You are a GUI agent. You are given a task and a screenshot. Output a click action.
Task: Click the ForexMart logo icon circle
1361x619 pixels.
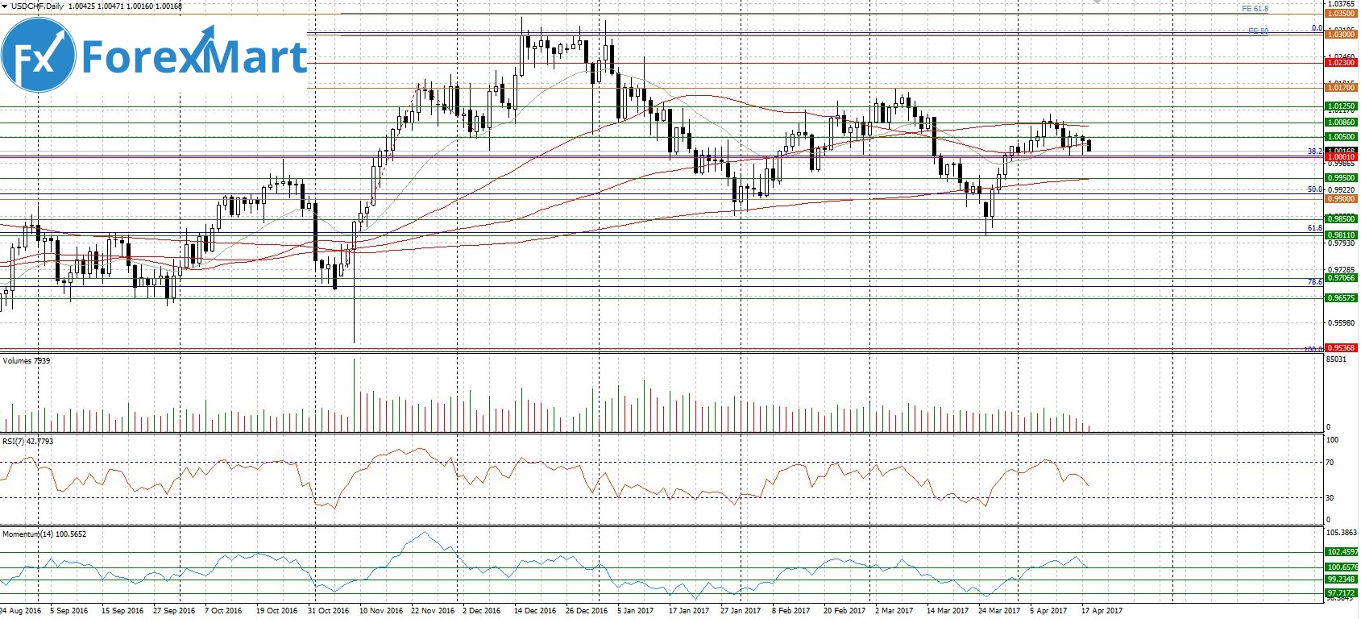(39, 56)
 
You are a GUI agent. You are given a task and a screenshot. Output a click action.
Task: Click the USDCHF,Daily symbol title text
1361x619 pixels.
(32, 6)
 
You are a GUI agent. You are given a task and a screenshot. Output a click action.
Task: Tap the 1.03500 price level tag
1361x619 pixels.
(1341, 14)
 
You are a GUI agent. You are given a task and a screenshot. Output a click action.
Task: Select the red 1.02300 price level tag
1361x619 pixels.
(1341, 63)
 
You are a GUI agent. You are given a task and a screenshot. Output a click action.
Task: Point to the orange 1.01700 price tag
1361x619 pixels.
(1341, 88)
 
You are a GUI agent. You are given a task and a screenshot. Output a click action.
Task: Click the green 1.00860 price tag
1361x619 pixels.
(1341, 123)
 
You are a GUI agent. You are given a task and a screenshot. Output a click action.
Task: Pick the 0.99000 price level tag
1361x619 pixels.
(1341, 198)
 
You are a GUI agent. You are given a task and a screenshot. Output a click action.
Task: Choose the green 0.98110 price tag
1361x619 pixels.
(1341, 235)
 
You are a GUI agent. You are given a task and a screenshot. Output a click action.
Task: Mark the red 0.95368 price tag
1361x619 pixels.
(1341, 348)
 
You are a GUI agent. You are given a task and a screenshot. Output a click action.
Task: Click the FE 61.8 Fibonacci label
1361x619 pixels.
(1255, 9)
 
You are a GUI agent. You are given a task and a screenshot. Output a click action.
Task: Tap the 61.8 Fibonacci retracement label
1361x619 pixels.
(1314, 228)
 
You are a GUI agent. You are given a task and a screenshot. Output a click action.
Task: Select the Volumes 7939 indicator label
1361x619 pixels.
(26, 361)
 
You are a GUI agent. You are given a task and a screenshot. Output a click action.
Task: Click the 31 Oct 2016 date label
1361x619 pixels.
(329, 611)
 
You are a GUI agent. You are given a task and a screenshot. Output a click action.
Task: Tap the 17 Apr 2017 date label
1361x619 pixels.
(1102, 611)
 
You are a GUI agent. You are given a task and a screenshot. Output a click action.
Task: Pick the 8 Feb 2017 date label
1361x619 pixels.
(790, 611)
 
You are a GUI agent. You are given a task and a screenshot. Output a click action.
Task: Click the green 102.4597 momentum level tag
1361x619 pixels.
(1341, 552)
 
